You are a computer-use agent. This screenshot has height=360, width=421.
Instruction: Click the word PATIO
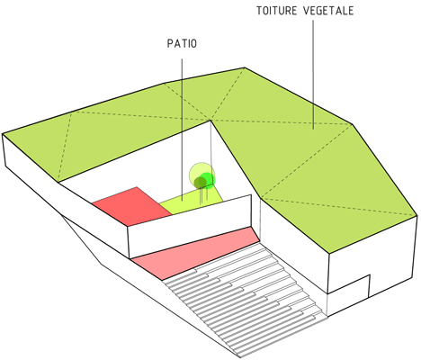(182, 43)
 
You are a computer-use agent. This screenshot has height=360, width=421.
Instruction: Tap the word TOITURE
(276, 11)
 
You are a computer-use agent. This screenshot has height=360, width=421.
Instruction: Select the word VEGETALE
(328, 11)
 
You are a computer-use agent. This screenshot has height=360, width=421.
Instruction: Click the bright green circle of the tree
(207, 180)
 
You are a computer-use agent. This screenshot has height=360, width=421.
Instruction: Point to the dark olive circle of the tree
(200, 182)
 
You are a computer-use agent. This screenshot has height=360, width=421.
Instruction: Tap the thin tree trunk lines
(203, 195)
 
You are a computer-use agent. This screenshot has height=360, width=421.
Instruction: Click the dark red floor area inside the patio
(132, 206)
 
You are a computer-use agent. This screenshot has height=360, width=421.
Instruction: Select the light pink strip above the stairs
(196, 253)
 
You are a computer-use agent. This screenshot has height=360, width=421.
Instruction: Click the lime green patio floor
(192, 201)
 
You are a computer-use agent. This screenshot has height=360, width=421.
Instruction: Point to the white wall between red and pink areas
(190, 227)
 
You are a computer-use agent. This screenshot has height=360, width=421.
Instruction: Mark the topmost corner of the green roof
(245, 67)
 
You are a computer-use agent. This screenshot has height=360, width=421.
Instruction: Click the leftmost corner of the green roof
(3, 133)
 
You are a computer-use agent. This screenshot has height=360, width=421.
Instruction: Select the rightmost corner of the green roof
(417, 215)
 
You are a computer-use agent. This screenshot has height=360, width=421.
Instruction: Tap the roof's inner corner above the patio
(210, 121)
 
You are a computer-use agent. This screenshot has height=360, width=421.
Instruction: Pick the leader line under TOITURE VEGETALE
(313, 75)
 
